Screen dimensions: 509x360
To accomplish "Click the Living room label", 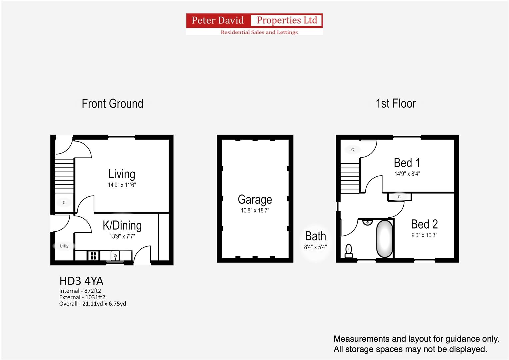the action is coord(122,174).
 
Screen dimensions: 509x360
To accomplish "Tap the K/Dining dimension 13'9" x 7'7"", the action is coord(122,236).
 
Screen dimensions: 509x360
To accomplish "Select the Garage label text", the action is coord(255,200).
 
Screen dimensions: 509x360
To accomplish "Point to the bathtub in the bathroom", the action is coord(384,239).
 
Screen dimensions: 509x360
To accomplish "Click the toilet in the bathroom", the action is coord(349,251).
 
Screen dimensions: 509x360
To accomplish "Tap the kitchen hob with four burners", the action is coord(93,256).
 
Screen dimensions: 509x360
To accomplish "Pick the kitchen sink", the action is coord(115,256).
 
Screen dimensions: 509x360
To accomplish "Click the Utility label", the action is coord(64,246).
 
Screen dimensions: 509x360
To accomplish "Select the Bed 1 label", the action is coord(407,163).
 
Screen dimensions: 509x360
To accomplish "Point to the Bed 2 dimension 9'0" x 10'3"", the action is coord(424,235).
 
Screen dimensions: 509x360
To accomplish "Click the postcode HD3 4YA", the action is coord(81,281).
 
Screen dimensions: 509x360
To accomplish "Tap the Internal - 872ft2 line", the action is coord(80,291).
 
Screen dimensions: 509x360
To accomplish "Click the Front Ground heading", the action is coord(112,104).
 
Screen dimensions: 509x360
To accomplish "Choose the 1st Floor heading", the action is coord(396,103).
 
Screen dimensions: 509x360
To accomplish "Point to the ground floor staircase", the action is coord(64,176).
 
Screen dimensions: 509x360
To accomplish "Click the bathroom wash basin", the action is coord(367,222).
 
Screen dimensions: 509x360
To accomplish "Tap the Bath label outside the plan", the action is coord(315,236).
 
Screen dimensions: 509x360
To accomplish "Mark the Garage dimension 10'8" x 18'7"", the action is coord(255,210).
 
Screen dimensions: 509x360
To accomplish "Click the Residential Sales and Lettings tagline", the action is coord(259,32).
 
